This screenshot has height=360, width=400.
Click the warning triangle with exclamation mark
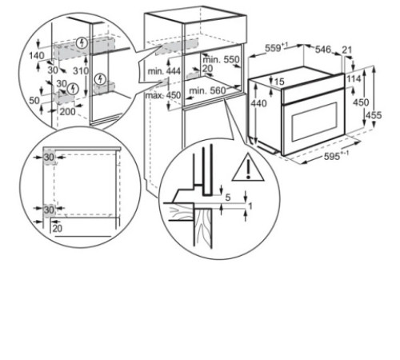click(248, 167)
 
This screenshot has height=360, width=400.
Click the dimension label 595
click(332, 156)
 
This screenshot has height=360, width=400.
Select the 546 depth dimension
click(323, 50)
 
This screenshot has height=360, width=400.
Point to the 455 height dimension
click(374, 115)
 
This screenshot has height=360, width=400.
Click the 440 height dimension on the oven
click(258, 103)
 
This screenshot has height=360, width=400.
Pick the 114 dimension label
click(354, 78)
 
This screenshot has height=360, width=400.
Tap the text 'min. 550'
click(221, 59)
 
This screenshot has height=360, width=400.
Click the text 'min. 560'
click(207, 91)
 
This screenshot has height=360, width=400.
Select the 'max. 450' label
click(163, 95)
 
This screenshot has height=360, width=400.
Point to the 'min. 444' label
click(164, 71)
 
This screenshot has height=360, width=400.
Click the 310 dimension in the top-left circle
click(81, 71)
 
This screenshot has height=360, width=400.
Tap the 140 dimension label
click(37, 56)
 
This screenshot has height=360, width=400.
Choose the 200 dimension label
click(67, 111)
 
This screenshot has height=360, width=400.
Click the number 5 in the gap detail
click(228, 198)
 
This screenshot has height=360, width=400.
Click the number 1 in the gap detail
click(250, 206)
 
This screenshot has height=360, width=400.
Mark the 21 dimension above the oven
click(346, 50)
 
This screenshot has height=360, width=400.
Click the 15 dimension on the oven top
click(279, 82)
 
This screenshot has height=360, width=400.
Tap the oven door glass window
click(314, 121)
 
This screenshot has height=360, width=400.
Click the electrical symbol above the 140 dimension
click(82, 42)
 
